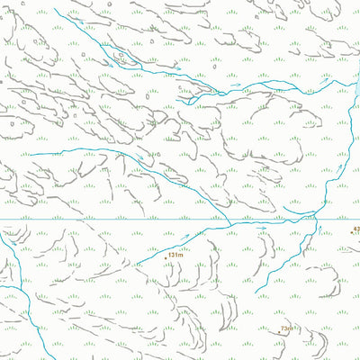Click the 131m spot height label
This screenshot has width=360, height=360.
[x=175, y=255]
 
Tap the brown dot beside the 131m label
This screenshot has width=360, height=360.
[x=165, y=255]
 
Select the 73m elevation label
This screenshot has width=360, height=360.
[x=287, y=329]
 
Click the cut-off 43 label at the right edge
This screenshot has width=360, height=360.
[x=356, y=231]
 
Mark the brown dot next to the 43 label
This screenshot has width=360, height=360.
[x=349, y=232]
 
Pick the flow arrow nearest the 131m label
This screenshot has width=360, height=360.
[x=187, y=238]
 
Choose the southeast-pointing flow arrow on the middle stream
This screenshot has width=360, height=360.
[x=139, y=158]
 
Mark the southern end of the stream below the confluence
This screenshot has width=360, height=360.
[x=255, y=293]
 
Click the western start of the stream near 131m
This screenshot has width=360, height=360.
[x=137, y=265]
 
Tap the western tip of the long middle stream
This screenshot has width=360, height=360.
[x=31, y=155]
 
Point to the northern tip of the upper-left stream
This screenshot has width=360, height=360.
[x=54, y=9]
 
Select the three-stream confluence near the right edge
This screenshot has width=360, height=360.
[x=317, y=214]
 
